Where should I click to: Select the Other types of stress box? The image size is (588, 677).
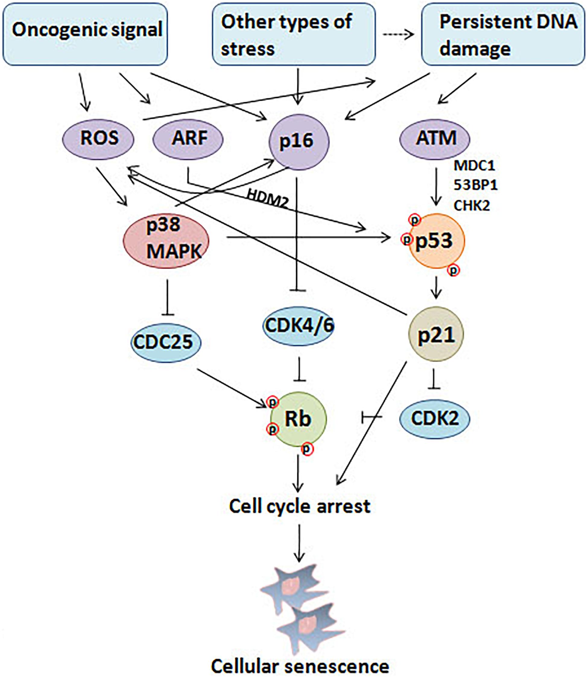[x=294, y=35]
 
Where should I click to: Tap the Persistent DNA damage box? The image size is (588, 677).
[x=503, y=35]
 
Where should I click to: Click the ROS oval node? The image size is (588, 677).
[x=98, y=138]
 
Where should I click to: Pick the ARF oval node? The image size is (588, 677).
[x=188, y=139]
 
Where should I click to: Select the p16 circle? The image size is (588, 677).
[x=299, y=142]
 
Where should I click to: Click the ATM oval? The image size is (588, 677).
[x=435, y=139]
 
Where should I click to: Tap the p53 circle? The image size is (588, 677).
[x=436, y=241]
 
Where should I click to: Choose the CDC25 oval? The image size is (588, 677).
[x=166, y=342]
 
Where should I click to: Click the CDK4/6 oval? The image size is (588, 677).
[x=299, y=326]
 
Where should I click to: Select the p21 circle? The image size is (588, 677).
[x=436, y=334]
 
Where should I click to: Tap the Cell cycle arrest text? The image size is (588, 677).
[x=299, y=506]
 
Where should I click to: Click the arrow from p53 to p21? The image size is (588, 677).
[x=436, y=288]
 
